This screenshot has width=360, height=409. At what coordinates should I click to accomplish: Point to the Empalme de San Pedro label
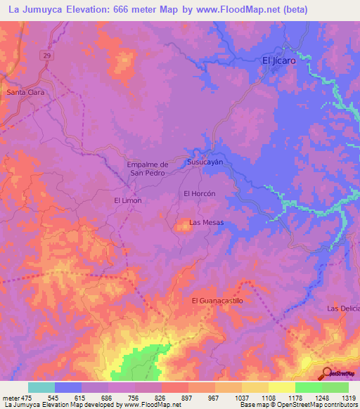146,169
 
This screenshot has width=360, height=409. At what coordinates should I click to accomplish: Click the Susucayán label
205,162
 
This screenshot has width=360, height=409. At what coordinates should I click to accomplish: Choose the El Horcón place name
198,193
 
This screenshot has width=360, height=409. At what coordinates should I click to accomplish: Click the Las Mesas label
207,223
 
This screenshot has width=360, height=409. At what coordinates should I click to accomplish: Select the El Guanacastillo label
217,301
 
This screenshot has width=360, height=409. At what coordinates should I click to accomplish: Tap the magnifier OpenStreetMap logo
328,373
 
